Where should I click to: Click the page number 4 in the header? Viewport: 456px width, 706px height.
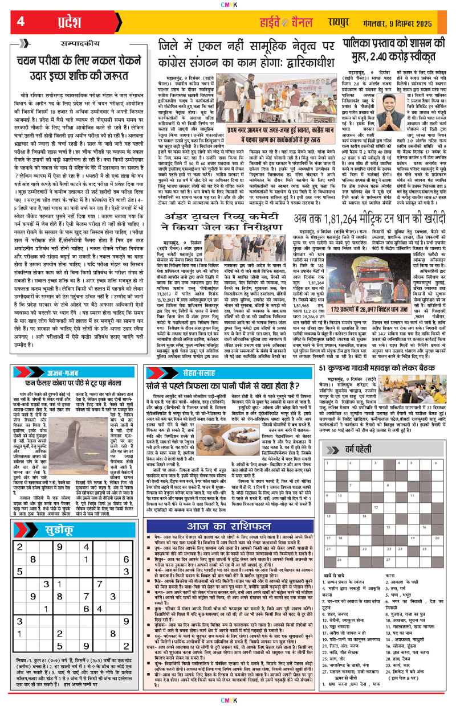tap(21, 22)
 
